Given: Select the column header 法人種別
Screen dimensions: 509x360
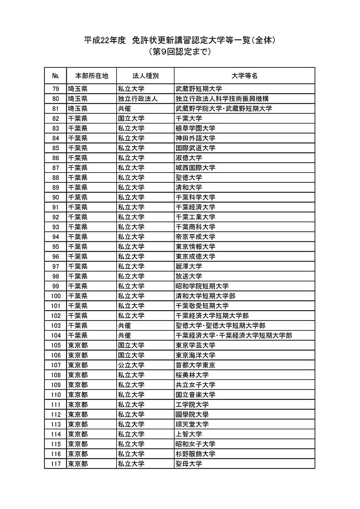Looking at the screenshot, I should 145,75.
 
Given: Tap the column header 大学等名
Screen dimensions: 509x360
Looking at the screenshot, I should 244,75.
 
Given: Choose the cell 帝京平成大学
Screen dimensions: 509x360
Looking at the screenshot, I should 195,236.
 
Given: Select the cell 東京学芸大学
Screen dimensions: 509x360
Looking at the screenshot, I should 195,345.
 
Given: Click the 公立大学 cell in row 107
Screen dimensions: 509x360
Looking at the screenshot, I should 131,365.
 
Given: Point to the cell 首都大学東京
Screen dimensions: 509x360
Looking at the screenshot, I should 195,365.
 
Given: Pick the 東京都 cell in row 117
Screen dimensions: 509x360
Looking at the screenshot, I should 78,464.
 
